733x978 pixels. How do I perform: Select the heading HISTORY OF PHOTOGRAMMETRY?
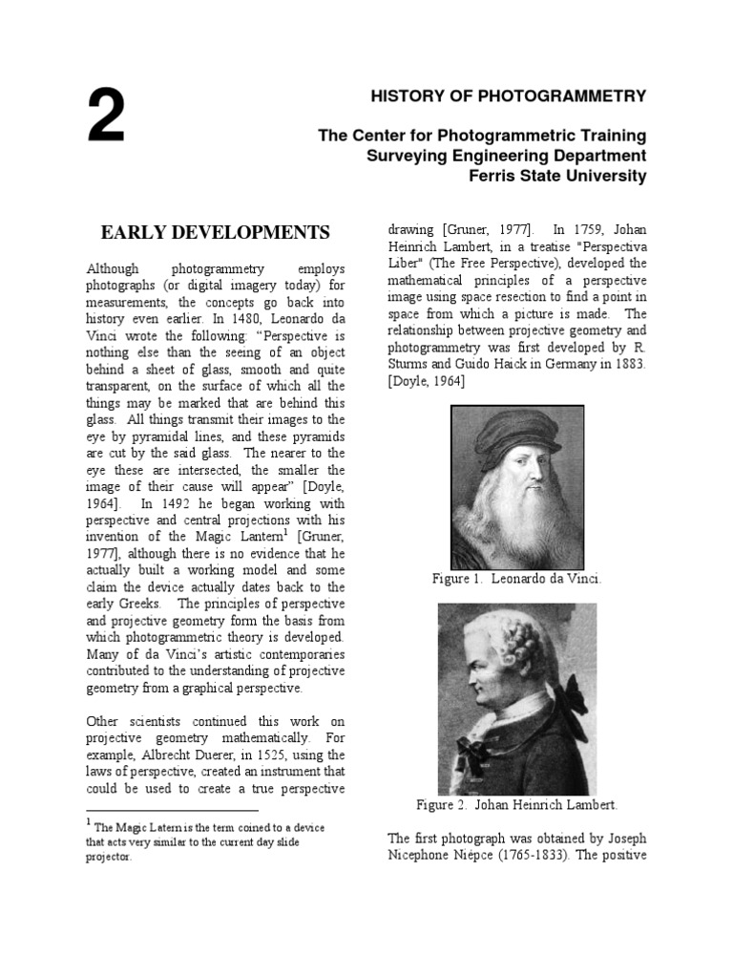coord(509,96)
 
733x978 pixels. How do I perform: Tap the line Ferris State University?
coord(557,176)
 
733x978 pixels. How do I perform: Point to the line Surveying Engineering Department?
coord(507,156)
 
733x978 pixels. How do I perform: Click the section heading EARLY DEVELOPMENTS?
coord(216,232)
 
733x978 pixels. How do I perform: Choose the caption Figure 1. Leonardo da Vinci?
coord(516,580)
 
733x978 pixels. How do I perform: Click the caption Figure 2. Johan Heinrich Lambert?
coord(516,805)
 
